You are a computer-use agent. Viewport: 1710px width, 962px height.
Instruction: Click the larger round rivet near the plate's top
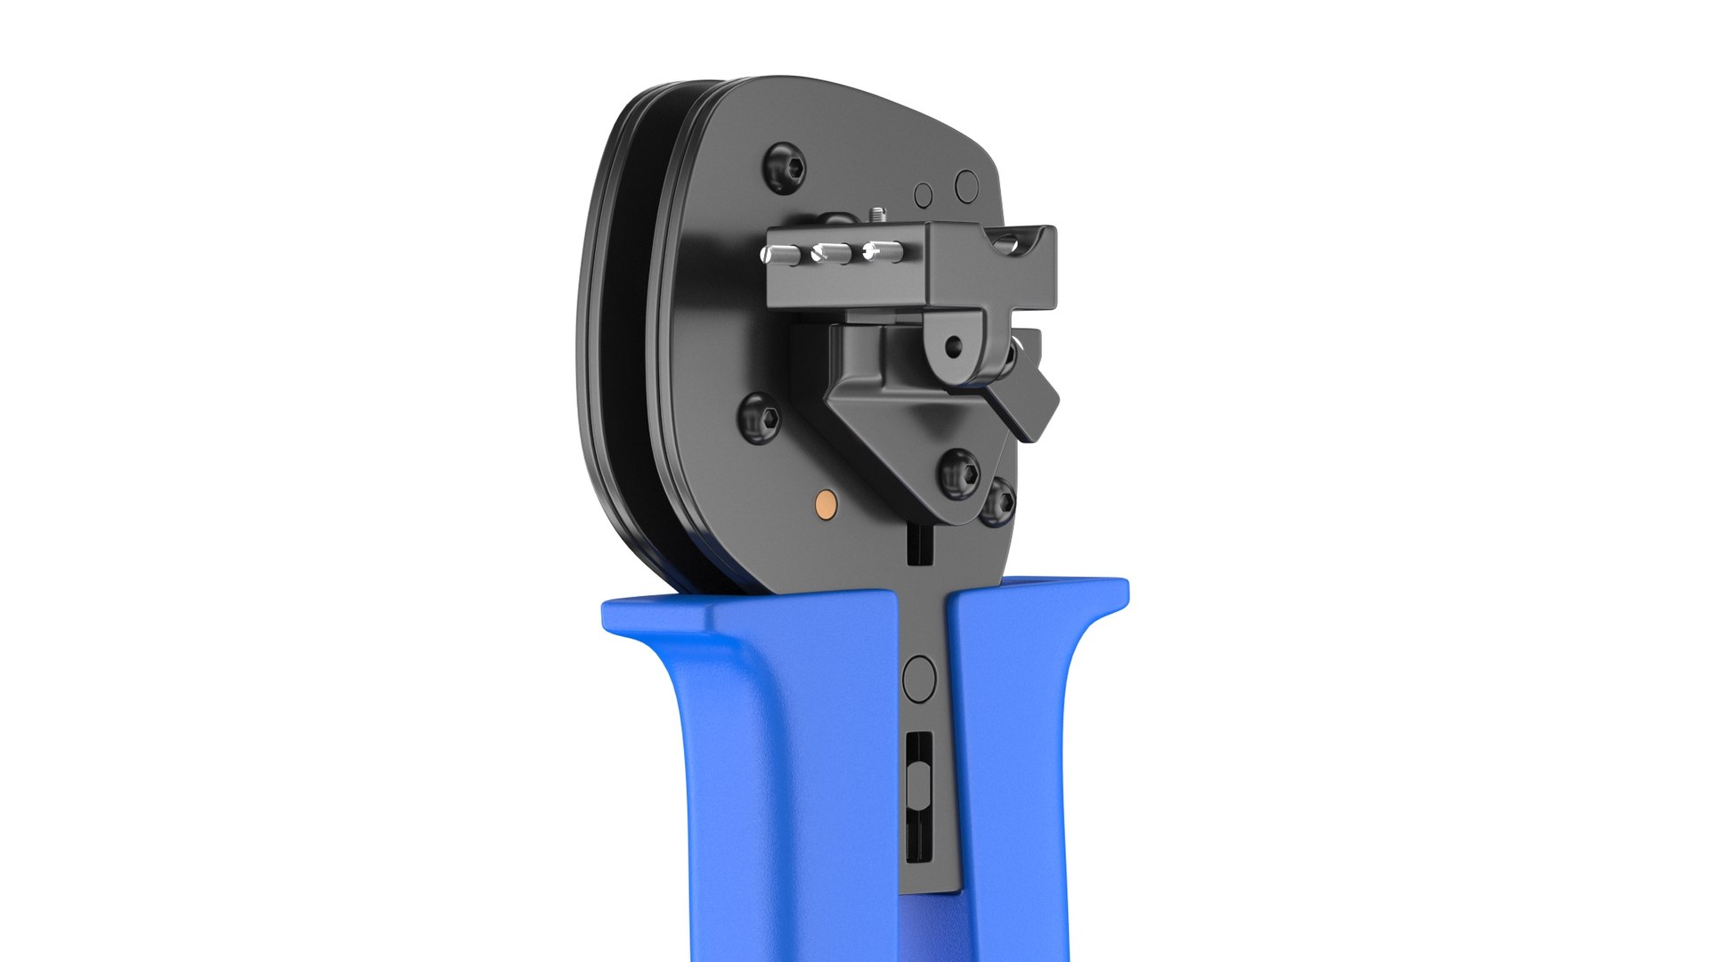click(x=967, y=185)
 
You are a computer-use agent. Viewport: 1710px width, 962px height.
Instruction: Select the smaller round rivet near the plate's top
click(x=924, y=194)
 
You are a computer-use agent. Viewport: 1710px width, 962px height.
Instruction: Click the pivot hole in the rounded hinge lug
click(x=955, y=342)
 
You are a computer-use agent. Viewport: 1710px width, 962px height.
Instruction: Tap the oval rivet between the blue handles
click(x=919, y=679)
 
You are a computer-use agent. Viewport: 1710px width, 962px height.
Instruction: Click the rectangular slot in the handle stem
click(x=919, y=797)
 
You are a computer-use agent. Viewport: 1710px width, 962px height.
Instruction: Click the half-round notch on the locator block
click(x=1014, y=241)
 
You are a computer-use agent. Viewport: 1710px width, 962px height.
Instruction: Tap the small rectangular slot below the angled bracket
click(x=918, y=544)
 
